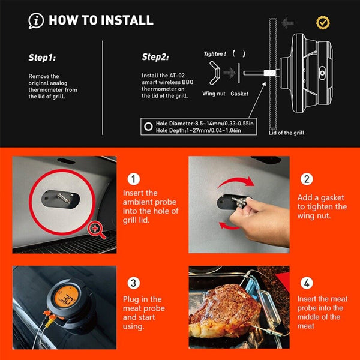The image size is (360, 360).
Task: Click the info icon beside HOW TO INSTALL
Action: (x=36, y=21)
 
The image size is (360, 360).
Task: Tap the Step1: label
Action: (x=42, y=58)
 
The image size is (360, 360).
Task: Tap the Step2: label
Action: (x=155, y=58)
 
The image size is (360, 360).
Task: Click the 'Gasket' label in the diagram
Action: (x=239, y=94)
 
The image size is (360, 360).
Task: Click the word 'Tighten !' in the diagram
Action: (x=214, y=53)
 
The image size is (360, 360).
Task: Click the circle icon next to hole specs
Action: (x=148, y=126)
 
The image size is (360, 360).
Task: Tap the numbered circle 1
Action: (x=134, y=179)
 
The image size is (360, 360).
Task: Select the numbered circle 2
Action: (x=306, y=179)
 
